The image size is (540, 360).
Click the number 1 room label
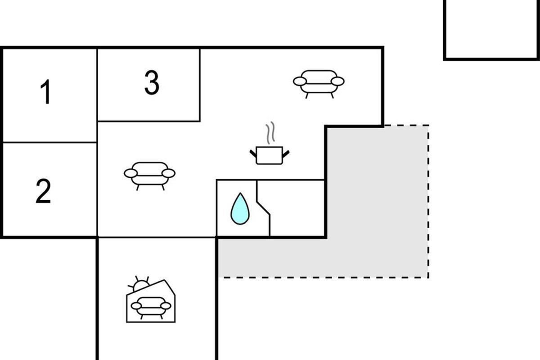coord(45,92)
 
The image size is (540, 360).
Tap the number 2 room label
coord(43,191)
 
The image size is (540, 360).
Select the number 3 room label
coord(152,82)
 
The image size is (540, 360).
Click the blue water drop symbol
coord(240,209)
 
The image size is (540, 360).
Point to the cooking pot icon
coord(269,155)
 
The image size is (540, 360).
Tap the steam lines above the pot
coord(270,133)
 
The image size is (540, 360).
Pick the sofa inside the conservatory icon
coord(151,308)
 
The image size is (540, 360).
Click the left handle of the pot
coord(253,153)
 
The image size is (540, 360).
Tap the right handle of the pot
coord(286,153)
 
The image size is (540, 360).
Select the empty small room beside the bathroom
coord(297,208)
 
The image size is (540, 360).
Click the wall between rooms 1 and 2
coord(49,143)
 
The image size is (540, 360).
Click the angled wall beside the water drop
coord(264,208)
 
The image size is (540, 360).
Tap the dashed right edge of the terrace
coord(428,202)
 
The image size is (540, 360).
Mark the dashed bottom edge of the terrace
coord(323,278)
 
